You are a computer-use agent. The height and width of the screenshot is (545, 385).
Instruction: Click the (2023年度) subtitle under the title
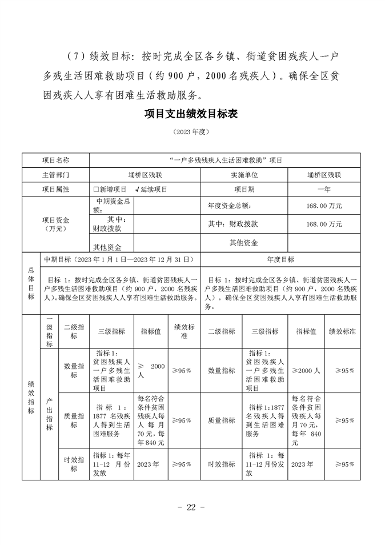point(192,132)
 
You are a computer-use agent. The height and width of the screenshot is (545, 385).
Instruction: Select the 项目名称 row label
point(55,161)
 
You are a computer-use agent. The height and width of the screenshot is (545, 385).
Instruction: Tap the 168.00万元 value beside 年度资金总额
point(324,205)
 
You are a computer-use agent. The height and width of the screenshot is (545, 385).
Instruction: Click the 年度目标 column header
point(280,259)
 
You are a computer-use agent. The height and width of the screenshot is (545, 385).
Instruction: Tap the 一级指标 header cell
point(50,332)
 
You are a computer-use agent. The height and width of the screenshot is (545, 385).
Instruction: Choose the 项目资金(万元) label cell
point(55,224)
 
